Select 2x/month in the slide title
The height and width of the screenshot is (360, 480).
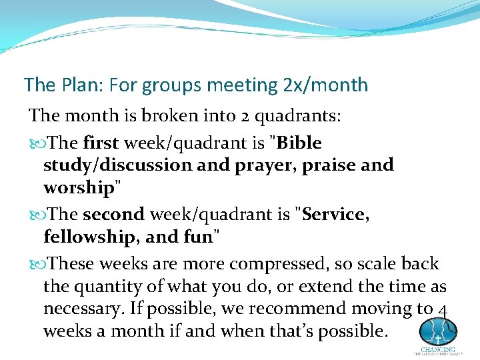(325, 85)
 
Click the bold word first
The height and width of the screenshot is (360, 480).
(101, 143)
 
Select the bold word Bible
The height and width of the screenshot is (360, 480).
(299, 143)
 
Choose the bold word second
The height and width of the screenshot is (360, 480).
(113, 215)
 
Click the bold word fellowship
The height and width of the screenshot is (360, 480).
(87, 237)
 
